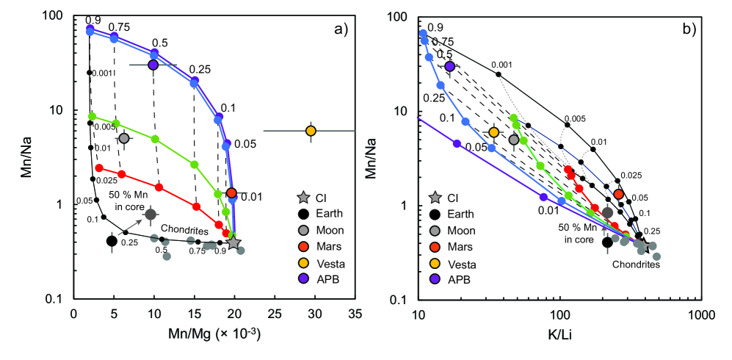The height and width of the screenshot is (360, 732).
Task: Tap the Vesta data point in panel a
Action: click(x=311, y=131)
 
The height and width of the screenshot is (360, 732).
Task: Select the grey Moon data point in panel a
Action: click(x=123, y=138)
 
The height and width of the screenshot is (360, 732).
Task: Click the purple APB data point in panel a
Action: click(x=153, y=65)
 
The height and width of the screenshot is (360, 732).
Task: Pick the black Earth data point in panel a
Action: click(x=112, y=241)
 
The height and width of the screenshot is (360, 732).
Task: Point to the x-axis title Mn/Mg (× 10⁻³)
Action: click(x=200, y=332)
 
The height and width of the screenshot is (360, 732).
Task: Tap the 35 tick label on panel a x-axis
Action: click(x=355, y=312)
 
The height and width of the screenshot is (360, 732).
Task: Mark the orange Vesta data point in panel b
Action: click(x=494, y=132)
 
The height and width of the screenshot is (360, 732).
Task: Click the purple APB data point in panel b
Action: click(x=449, y=67)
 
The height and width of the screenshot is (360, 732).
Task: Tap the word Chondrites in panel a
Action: click(x=181, y=228)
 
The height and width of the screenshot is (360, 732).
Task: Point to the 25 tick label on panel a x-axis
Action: click(x=275, y=312)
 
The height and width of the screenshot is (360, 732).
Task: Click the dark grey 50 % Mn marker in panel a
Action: click(x=151, y=214)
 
